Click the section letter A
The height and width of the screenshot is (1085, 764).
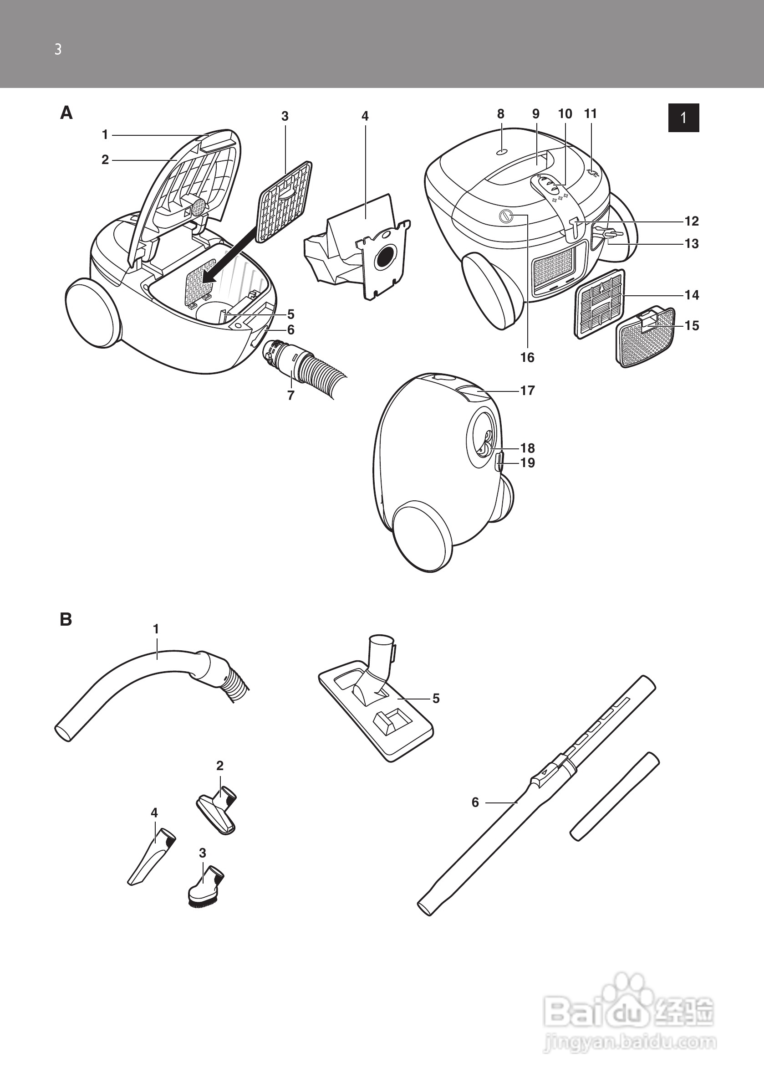(66, 113)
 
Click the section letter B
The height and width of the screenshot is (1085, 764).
(66, 620)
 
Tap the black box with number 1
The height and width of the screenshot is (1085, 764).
(684, 118)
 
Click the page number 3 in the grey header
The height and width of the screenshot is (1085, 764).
(58, 50)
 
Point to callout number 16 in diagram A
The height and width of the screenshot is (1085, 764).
(527, 357)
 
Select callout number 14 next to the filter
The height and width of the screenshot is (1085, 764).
(692, 295)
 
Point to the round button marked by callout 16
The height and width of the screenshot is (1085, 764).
(506, 216)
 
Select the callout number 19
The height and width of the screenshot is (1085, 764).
(527, 463)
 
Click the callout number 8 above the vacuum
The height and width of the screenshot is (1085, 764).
(500, 114)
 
